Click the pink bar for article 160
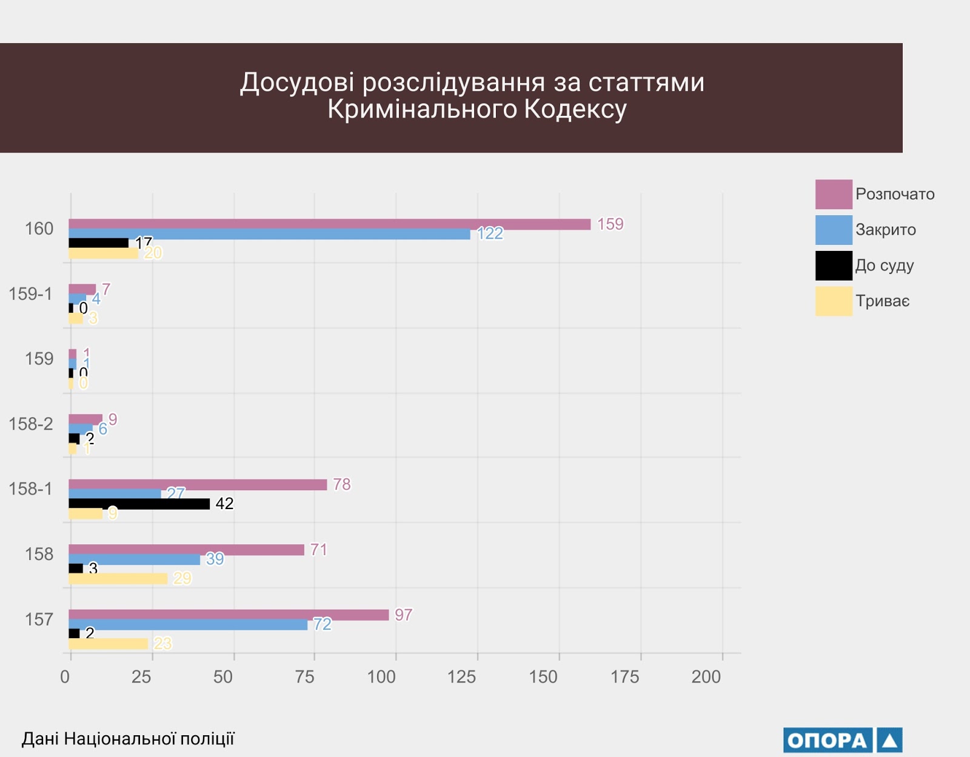click(x=329, y=224)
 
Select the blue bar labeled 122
click(x=269, y=234)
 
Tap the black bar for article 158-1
click(x=139, y=504)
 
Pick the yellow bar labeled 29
click(x=118, y=579)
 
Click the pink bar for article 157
click(x=229, y=615)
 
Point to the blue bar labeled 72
click(x=188, y=625)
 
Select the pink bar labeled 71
click(x=186, y=550)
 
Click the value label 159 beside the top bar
click(x=610, y=224)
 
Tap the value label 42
click(x=224, y=504)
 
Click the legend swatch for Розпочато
click(x=834, y=194)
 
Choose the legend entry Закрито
click(x=885, y=230)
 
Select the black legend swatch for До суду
click(x=834, y=265)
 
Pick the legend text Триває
click(x=882, y=301)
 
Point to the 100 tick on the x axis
click(x=381, y=676)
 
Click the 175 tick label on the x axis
click(x=624, y=676)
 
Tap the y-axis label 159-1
click(x=30, y=294)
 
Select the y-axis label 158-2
click(x=30, y=424)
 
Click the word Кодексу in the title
click(x=575, y=110)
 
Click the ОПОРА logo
click(x=842, y=740)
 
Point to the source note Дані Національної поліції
click(x=128, y=739)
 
